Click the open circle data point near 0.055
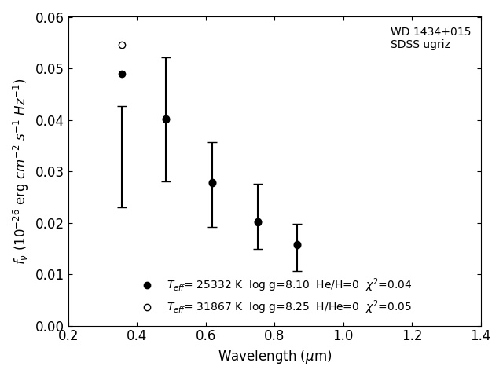pos(122,45)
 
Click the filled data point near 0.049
pos(122,74)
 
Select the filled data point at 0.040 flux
pos(166,119)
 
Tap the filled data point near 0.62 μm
pos(212,183)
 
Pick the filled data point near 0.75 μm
pos(258,222)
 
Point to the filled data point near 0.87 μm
pos(297,245)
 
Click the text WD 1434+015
pos(431,31)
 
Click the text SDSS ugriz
pos(420,45)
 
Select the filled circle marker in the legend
pos(147,285)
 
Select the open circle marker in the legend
pos(147,307)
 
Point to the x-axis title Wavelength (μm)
pos(275,356)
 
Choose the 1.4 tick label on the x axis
pos(481,335)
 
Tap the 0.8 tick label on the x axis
pos(274,335)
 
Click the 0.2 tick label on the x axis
pos(68,335)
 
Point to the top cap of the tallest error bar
pos(166,57)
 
